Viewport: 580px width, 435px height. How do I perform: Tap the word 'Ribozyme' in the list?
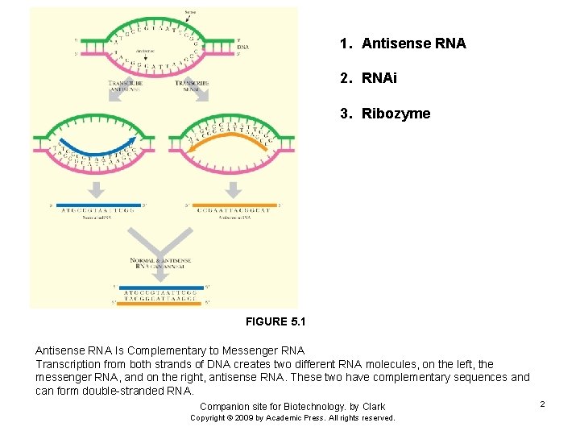pyautogui.click(x=396, y=114)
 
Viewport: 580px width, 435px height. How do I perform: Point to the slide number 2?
pyautogui.click(x=542, y=403)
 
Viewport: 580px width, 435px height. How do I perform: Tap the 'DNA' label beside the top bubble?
pyautogui.click(x=242, y=48)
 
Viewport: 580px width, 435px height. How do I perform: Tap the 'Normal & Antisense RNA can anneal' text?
pyautogui.click(x=165, y=265)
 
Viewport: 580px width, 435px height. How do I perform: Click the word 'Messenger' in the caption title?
pyautogui.click(x=235, y=350)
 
